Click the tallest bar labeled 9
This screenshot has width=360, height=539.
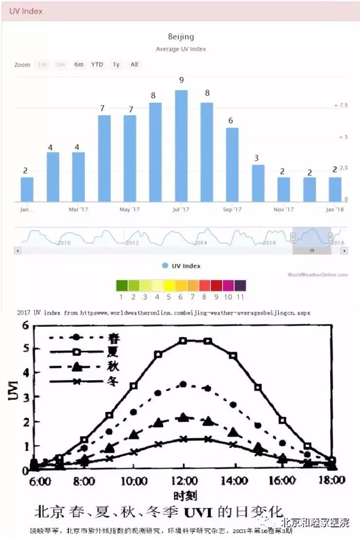click(x=181, y=145)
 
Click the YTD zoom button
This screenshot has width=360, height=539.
click(x=97, y=65)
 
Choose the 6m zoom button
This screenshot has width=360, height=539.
click(x=79, y=65)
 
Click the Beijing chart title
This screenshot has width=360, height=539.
click(x=180, y=36)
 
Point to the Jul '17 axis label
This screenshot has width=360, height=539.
click(x=180, y=210)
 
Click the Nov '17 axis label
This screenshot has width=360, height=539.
click(x=284, y=210)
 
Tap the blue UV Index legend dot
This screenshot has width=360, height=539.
click(x=165, y=266)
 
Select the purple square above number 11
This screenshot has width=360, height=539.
click(x=240, y=286)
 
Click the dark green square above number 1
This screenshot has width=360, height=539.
click(x=122, y=286)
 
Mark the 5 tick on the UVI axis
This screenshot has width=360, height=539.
click(x=25, y=348)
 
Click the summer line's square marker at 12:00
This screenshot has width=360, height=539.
click(x=183, y=341)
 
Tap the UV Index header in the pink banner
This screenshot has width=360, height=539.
click(x=26, y=11)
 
